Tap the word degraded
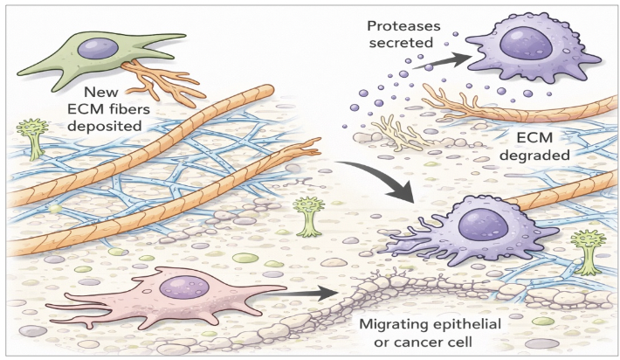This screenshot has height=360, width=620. click(537, 156)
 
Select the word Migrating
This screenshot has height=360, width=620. click(393, 326)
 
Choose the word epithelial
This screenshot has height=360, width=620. click(472, 326)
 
